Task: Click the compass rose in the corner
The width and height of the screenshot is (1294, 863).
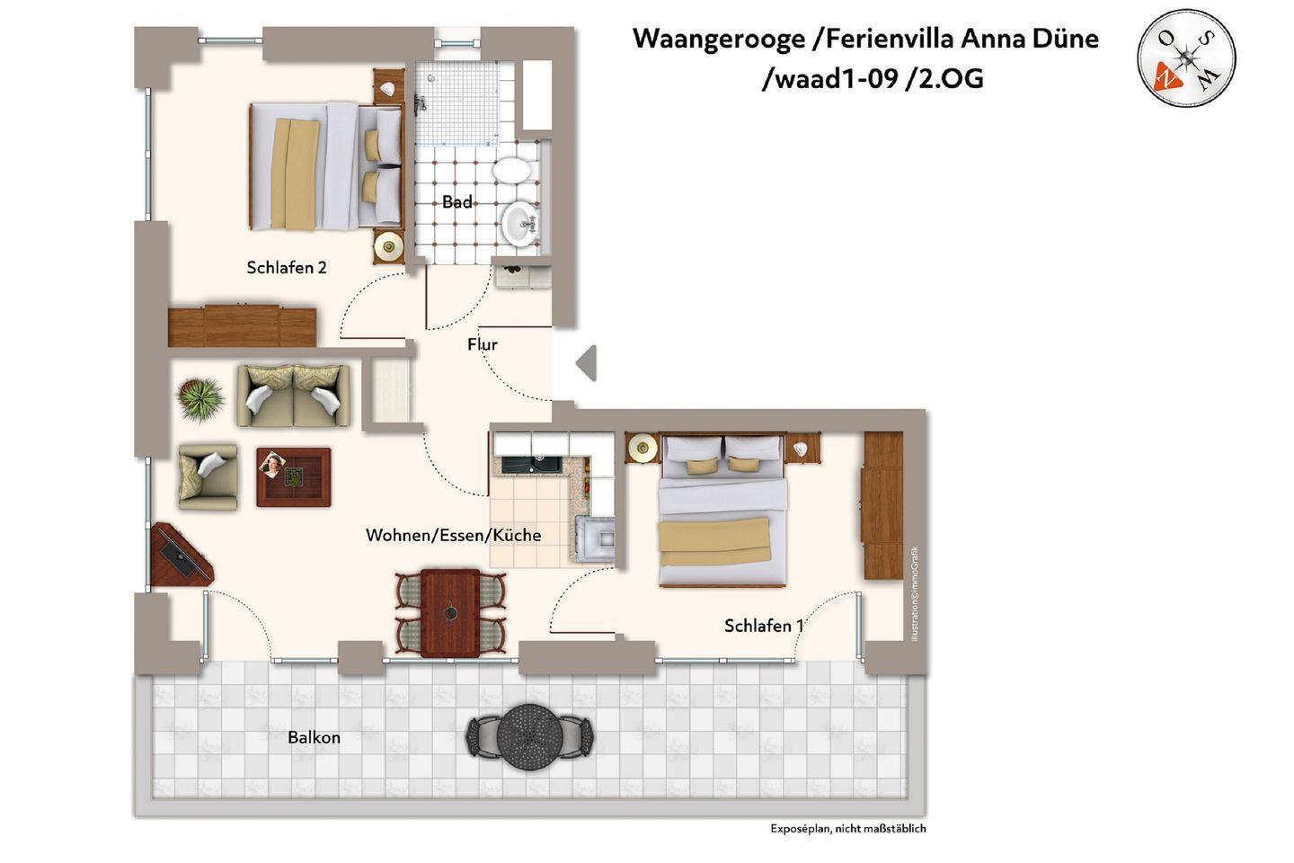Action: tap(1186, 58)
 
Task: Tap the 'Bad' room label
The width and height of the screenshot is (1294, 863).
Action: tap(456, 201)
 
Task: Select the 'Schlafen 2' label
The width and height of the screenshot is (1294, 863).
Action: tap(287, 267)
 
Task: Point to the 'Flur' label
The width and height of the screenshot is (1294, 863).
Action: tap(483, 344)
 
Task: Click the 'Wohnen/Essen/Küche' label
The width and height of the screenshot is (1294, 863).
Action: tap(454, 535)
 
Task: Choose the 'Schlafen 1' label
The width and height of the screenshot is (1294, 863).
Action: tap(764, 626)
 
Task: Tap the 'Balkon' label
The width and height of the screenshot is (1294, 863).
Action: tap(315, 737)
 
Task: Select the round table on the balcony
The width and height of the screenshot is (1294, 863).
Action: tap(529, 736)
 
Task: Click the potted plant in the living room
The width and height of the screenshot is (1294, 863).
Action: tap(199, 398)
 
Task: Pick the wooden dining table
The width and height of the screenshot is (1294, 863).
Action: tap(450, 613)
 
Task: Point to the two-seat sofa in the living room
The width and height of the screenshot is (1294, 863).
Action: tap(294, 396)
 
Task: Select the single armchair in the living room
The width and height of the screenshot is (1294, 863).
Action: tap(208, 476)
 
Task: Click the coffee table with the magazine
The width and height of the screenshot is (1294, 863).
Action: tap(294, 477)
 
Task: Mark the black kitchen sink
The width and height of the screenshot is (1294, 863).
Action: tap(531, 465)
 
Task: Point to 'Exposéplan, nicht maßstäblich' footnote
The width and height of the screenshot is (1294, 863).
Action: tap(848, 828)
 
